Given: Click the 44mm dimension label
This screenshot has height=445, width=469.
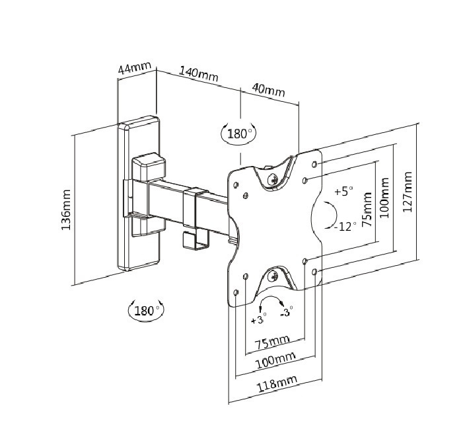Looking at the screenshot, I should click(134, 68).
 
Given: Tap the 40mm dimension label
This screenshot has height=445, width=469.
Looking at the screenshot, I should click(268, 91).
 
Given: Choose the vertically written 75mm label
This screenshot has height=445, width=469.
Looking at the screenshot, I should click(367, 210).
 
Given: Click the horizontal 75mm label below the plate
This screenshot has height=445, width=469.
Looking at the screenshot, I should click(271, 343).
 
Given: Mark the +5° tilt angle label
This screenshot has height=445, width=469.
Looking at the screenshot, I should click(343, 192).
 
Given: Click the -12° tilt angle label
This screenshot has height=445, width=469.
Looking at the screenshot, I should click(344, 225).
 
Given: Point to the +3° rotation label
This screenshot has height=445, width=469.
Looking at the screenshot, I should click(258, 320).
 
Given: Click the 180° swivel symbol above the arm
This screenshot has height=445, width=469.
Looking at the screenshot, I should click(238, 134).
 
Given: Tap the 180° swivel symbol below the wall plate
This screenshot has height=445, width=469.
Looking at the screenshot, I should click(146, 310).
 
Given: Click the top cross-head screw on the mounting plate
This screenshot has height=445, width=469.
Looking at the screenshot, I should click(274, 177).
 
